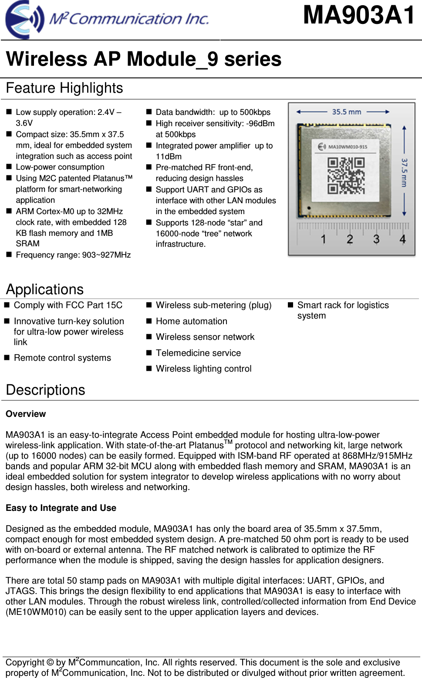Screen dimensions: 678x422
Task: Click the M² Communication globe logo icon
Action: click(x=24, y=20)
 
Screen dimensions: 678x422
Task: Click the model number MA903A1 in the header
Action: click(x=359, y=15)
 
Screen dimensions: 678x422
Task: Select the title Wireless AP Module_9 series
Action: click(x=144, y=59)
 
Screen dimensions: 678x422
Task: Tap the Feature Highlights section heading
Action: click(x=64, y=88)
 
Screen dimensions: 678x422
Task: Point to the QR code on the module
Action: click(x=346, y=175)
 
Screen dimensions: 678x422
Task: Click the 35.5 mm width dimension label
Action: click(x=346, y=112)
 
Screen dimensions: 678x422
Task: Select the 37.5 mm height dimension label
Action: click(x=404, y=172)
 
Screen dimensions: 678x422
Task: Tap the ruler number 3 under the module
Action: click(x=376, y=239)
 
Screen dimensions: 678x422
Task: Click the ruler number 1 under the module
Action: click(x=323, y=239)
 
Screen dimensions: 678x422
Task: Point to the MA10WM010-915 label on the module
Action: click(x=347, y=147)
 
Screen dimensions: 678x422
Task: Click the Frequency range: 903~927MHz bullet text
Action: click(x=73, y=255)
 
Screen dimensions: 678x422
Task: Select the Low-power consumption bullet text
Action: click(x=60, y=167)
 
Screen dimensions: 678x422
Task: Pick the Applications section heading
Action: click(x=45, y=289)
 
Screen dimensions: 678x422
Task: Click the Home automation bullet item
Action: click(x=192, y=321)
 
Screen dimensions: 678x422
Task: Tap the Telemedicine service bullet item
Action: click(x=198, y=353)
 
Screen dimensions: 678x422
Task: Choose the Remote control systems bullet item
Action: click(x=62, y=358)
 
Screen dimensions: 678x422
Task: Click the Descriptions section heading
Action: click(x=46, y=390)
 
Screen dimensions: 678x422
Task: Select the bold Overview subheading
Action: click(x=26, y=414)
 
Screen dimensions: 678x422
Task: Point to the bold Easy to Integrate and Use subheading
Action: click(x=61, y=508)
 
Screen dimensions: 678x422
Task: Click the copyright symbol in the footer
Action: click(x=50, y=662)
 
